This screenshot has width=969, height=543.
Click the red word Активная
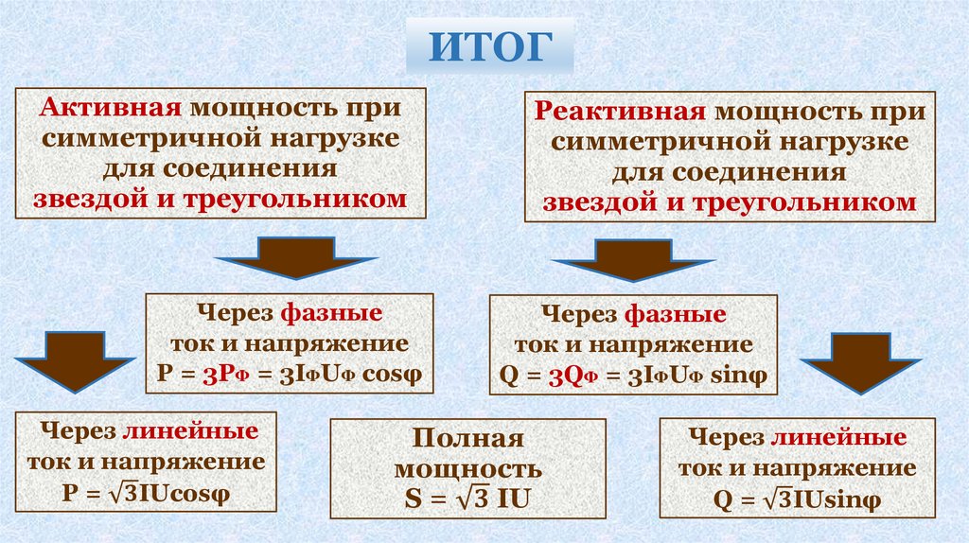click(105, 108)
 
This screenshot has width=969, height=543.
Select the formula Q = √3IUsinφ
click(793, 499)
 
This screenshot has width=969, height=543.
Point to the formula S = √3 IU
click(467, 498)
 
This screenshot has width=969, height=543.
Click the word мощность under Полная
click(468, 468)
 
